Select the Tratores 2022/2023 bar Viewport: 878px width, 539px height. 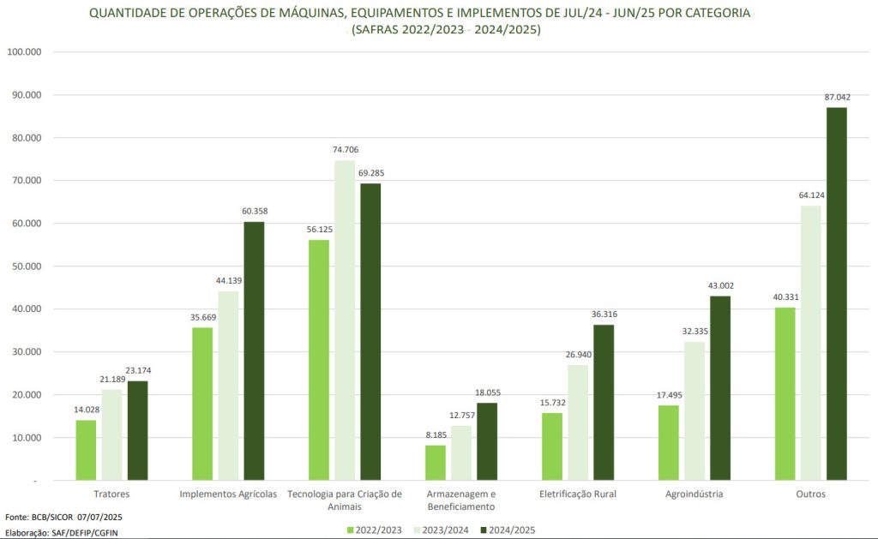[x=86, y=450]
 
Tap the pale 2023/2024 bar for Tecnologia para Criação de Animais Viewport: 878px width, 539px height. [x=345, y=320]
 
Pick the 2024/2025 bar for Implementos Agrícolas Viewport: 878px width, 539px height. [x=254, y=351]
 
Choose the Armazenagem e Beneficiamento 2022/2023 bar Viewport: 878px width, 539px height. [x=436, y=463]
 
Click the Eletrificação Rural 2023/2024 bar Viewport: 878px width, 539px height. [x=577, y=422]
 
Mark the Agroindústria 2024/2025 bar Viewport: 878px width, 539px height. [x=720, y=388]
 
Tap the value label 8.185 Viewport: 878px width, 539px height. [x=436, y=436]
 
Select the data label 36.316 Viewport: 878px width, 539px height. [x=604, y=314]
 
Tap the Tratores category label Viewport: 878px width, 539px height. [x=111, y=494]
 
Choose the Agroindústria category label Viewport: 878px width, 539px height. [x=695, y=494]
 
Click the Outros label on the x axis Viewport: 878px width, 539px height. [x=810, y=494]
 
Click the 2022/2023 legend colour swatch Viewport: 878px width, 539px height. [x=351, y=530]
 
